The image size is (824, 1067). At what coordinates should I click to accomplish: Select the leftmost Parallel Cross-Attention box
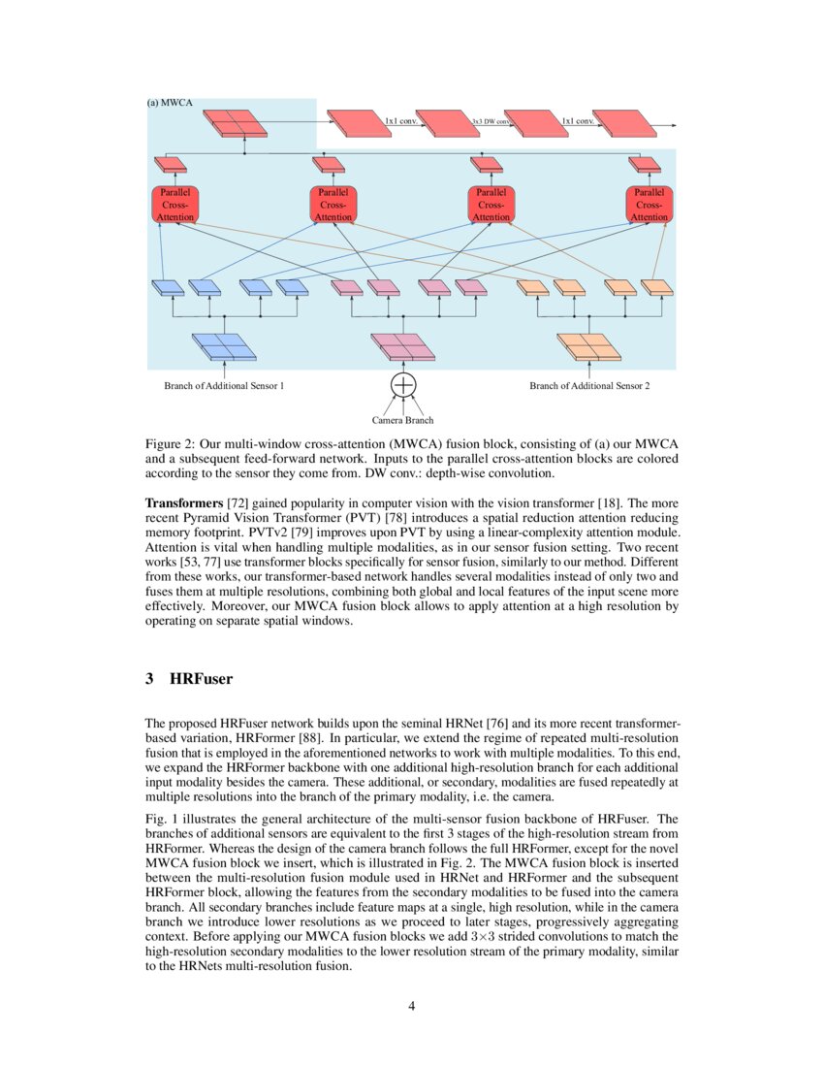tap(175, 204)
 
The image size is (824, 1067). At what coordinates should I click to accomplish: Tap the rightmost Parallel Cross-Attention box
tap(650, 204)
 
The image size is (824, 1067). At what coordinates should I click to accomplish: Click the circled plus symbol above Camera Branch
tap(403, 384)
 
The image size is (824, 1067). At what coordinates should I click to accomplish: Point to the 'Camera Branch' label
tap(402, 420)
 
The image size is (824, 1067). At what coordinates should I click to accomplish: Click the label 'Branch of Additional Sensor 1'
tap(224, 386)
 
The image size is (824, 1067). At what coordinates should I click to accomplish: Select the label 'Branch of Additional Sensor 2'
tap(589, 386)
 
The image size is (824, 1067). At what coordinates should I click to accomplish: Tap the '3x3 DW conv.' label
tap(491, 122)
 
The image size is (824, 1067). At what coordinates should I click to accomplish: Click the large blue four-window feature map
tap(224, 346)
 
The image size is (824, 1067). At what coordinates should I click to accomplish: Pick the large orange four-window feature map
tap(589, 346)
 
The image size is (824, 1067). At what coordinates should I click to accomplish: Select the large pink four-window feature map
tap(403, 346)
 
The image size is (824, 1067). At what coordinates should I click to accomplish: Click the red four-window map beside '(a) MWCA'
tap(235, 123)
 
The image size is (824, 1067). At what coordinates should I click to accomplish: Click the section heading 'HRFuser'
tap(201, 679)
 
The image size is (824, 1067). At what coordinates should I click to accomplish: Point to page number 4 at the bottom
tap(412, 1006)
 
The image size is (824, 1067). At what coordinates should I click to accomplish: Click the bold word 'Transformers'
tap(183, 504)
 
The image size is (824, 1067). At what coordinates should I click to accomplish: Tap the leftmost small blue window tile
tap(168, 287)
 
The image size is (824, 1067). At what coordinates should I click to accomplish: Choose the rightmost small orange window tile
tap(657, 287)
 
